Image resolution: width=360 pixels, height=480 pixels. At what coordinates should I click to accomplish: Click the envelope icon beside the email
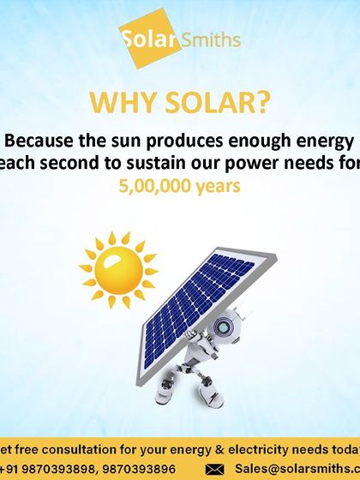click(x=215, y=468)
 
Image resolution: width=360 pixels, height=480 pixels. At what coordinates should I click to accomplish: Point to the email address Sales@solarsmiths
click(x=291, y=468)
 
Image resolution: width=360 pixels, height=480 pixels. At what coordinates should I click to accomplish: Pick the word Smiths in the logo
click(x=210, y=39)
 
